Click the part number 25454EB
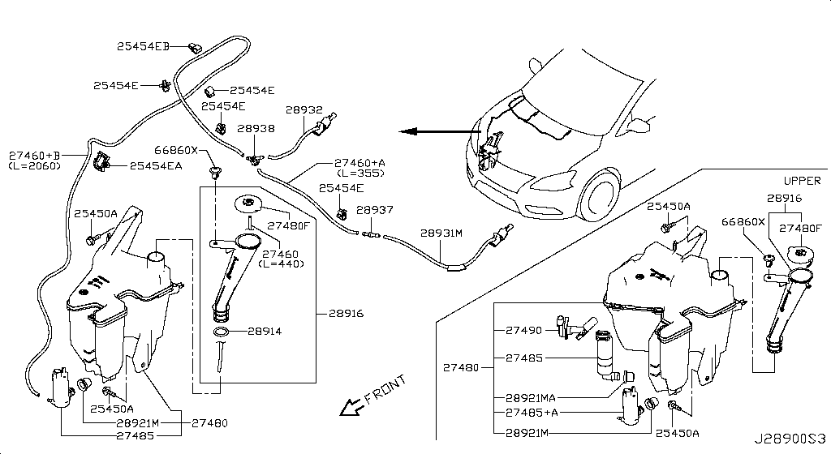coord(142,48)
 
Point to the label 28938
coord(256,128)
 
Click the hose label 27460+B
coord(35,155)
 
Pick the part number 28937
coord(374,209)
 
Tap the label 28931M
coord(441,233)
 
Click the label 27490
coord(523,330)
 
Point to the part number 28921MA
coord(531,398)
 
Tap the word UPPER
coord(802,180)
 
